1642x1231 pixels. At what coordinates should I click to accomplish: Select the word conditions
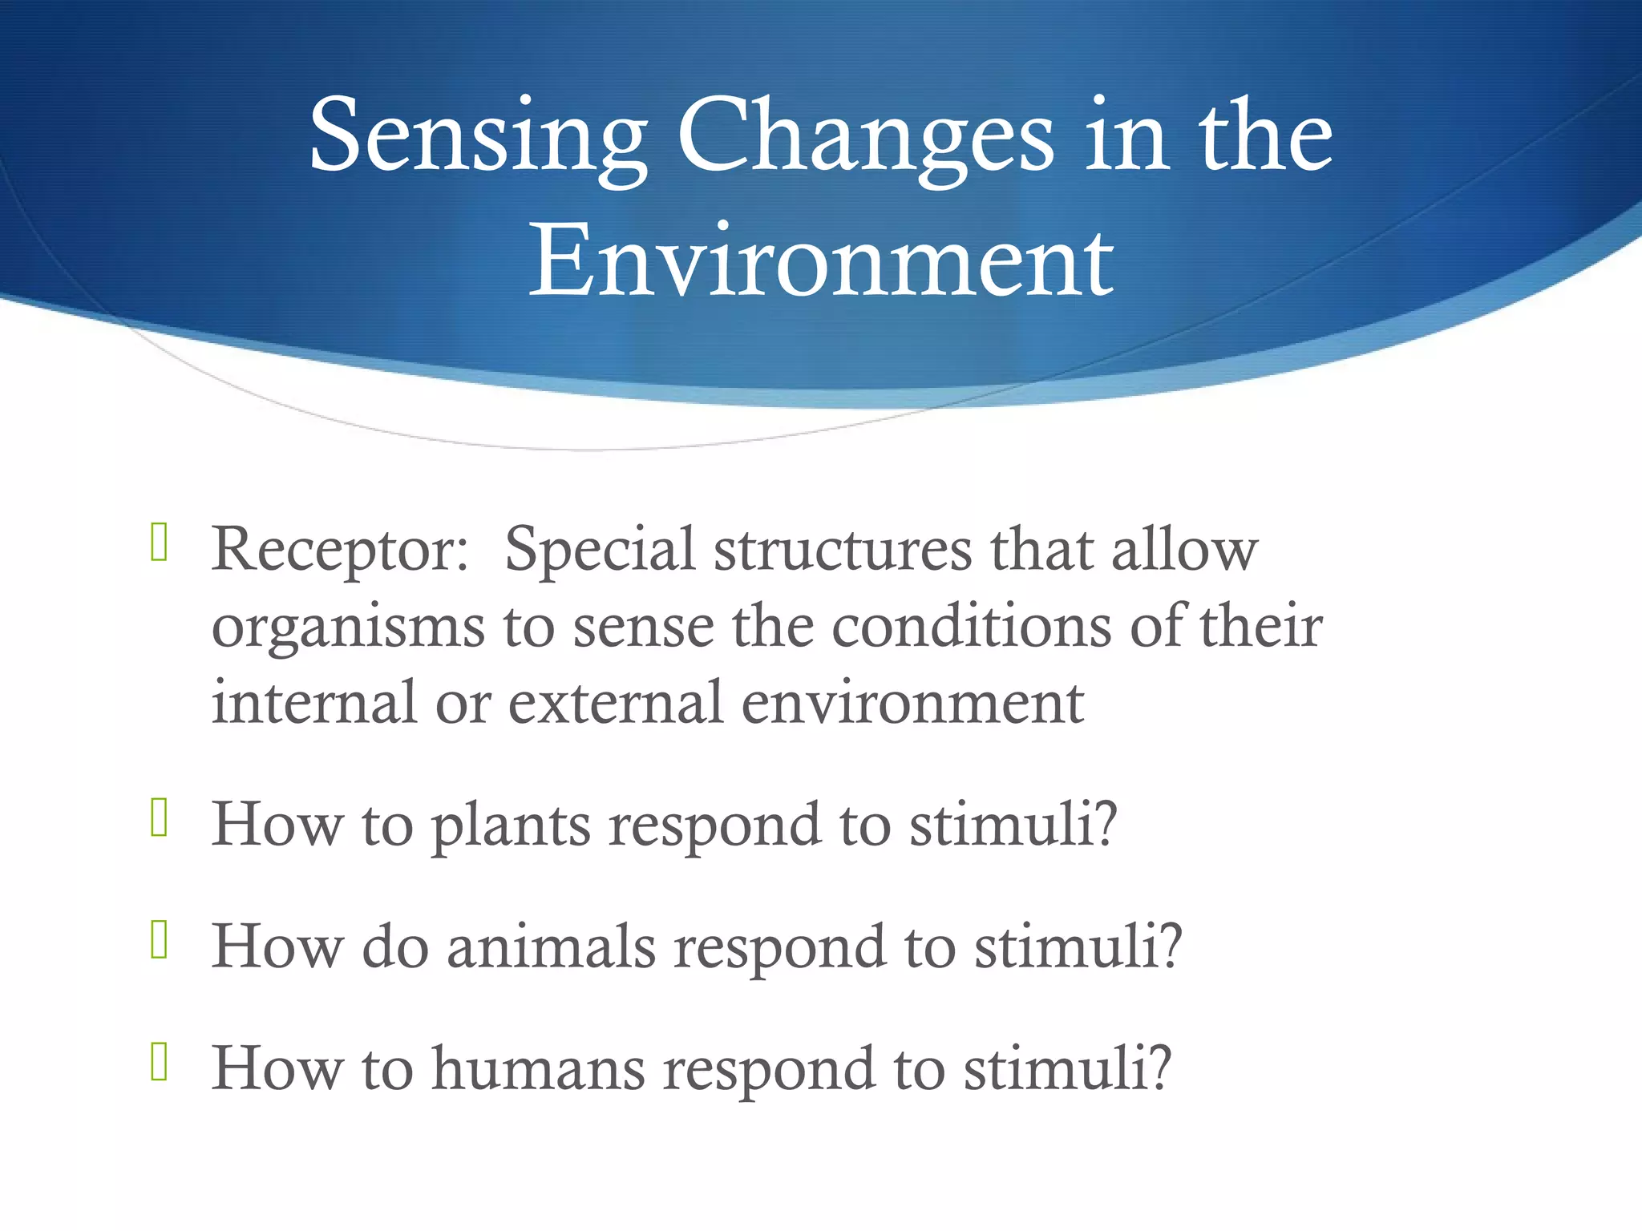(x=971, y=628)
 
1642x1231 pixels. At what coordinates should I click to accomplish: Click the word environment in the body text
(x=912, y=703)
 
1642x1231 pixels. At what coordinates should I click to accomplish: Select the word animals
(x=551, y=947)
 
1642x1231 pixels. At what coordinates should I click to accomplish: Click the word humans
(x=538, y=1069)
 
